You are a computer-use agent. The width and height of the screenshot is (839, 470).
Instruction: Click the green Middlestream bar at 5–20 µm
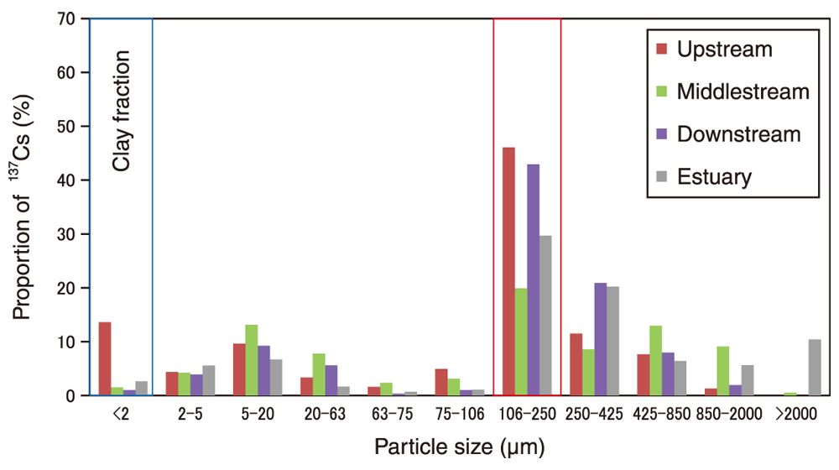coord(252,360)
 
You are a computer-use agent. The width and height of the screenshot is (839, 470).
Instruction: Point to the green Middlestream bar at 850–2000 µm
coord(722,370)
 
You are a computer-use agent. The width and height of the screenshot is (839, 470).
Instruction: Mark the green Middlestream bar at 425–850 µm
coord(655,360)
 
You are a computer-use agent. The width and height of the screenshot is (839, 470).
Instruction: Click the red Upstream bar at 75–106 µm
coord(441,382)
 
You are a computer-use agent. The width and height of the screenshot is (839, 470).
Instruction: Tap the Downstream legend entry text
coord(738,134)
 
